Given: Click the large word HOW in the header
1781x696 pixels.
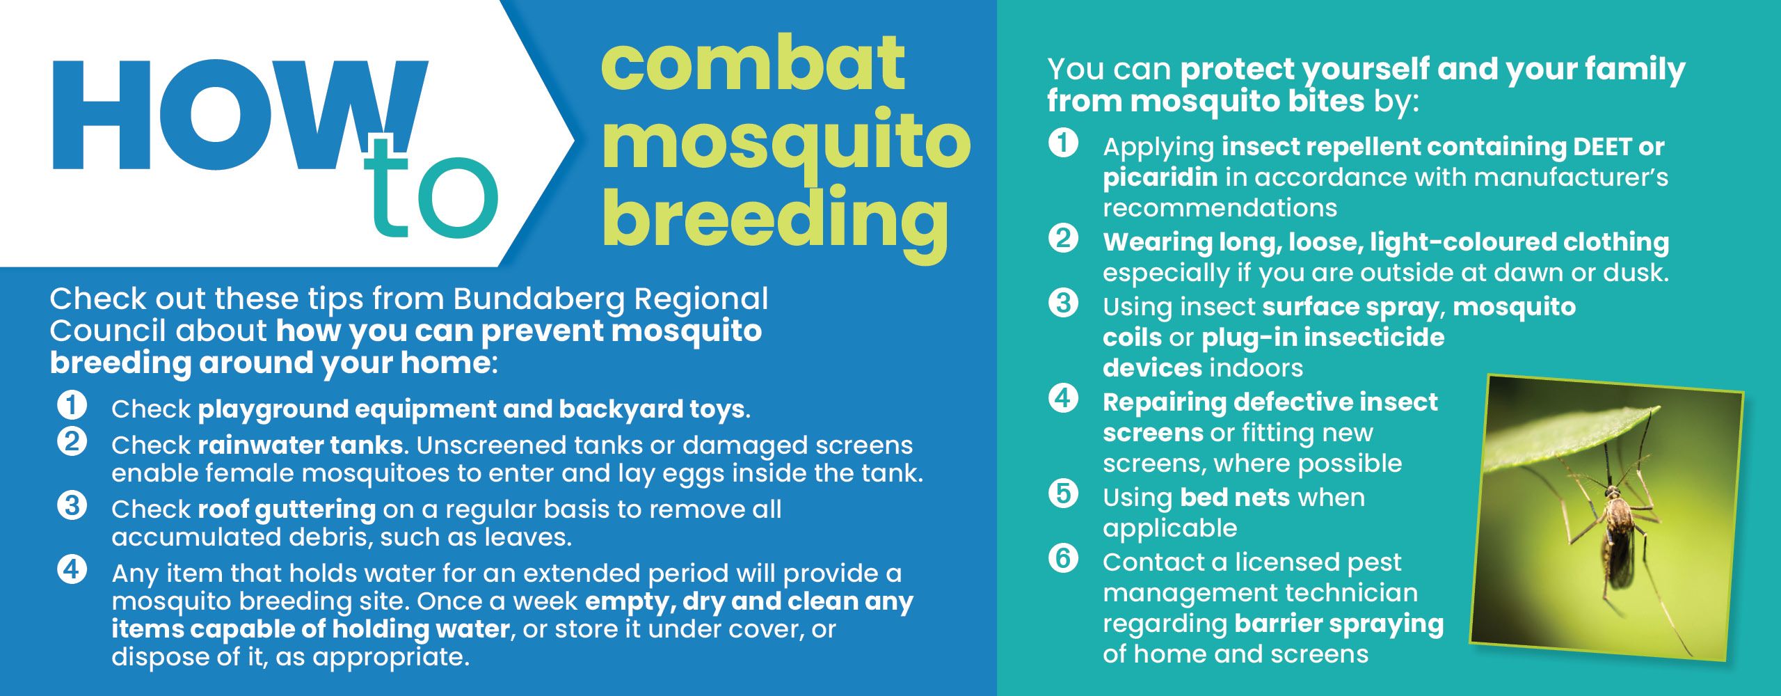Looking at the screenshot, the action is point(240,115).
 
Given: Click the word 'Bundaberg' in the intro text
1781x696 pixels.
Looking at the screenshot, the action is point(538,300).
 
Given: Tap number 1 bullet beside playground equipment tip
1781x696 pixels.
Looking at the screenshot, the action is point(72,405).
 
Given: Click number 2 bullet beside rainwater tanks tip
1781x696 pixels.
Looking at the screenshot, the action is point(72,442).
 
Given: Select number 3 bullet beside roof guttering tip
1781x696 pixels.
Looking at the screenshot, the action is point(72,505).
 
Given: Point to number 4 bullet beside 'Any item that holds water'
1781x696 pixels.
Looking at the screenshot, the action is point(72,569).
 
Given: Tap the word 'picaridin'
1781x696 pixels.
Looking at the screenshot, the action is point(1160,178).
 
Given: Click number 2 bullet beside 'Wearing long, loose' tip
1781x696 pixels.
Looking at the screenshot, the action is point(1063,239).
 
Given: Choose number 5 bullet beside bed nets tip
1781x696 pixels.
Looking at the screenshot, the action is point(1063,494).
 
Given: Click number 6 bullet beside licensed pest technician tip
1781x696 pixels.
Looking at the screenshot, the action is point(1063,558).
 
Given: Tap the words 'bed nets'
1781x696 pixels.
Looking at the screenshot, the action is point(1235,498).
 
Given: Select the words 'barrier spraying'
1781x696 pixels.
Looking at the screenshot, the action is point(1339,624).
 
